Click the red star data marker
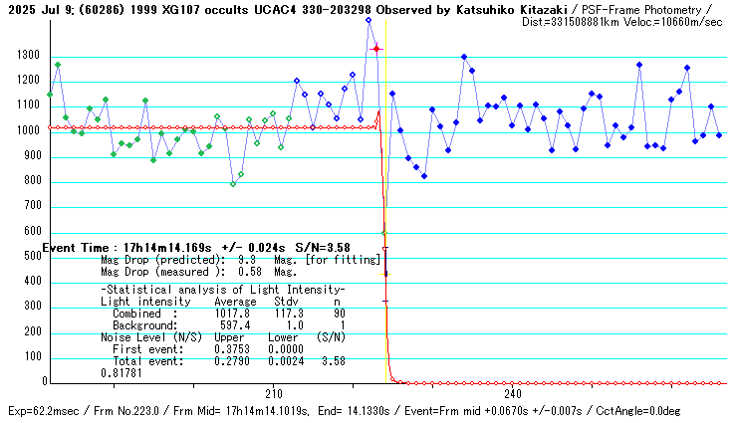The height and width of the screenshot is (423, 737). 376,48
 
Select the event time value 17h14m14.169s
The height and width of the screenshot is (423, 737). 167,247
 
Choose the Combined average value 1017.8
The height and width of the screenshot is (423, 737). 233,313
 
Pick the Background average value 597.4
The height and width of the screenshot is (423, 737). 233,324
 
